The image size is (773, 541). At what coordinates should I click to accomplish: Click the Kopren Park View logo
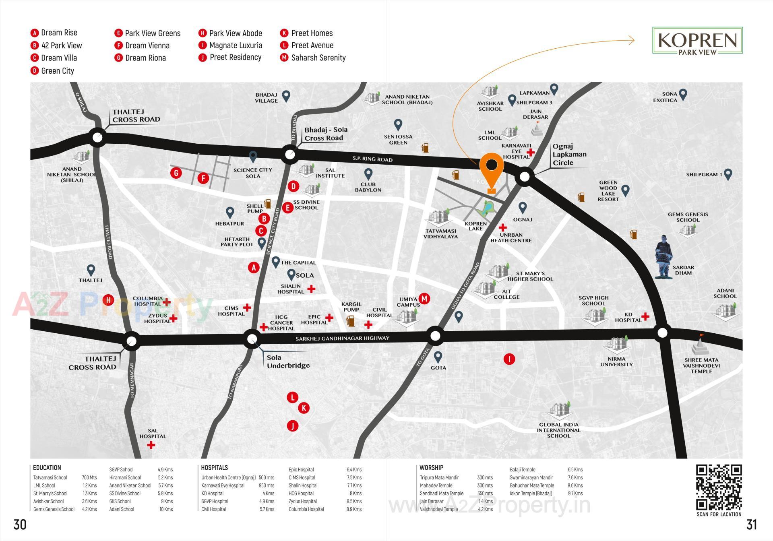click(697, 41)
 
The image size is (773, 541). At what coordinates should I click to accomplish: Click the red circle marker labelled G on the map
click(176, 173)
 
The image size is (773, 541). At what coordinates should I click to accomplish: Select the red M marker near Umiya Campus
click(424, 298)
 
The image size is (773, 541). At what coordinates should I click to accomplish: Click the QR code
click(719, 487)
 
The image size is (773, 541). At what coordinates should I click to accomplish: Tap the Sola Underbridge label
click(288, 361)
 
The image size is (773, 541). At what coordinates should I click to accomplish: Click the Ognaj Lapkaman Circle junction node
click(525, 177)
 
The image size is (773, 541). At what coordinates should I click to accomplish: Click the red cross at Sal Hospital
click(151, 445)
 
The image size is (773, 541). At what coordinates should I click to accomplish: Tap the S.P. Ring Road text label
click(372, 159)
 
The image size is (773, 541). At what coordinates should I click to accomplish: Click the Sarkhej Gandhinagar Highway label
click(342, 339)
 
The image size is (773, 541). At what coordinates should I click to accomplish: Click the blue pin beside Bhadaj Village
click(286, 96)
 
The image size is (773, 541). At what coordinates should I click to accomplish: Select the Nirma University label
click(616, 361)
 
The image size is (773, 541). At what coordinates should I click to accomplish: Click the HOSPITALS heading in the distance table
click(214, 468)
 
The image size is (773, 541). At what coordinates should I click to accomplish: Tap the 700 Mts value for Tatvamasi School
click(89, 477)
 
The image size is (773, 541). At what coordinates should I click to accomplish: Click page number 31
click(751, 524)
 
